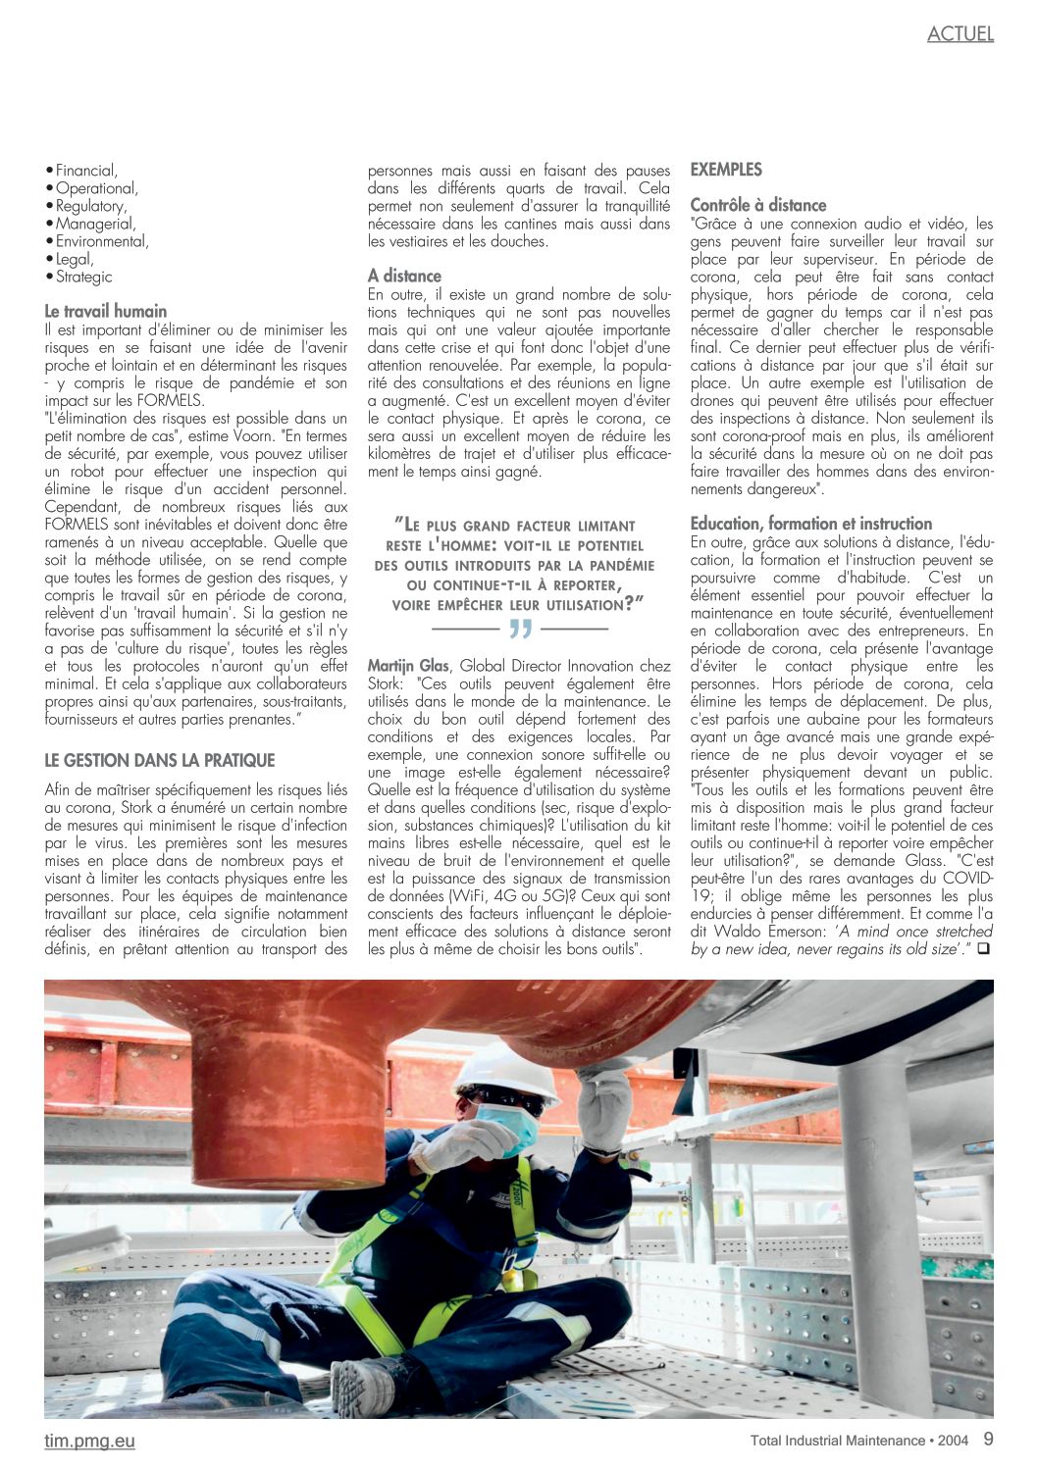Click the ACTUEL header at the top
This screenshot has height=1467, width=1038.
tap(960, 34)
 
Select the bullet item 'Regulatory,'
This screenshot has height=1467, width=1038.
tap(91, 206)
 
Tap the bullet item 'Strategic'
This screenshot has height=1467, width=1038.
tap(83, 277)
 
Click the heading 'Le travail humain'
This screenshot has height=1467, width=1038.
tap(106, 311)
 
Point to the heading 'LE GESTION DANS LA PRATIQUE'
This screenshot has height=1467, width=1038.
tap(160, 760)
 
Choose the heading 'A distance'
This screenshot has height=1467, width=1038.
tap(404, 276)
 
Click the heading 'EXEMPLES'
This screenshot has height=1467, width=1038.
tap(726, 170)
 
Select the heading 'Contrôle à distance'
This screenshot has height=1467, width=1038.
tap(758, 205)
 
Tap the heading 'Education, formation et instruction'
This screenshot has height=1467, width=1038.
tap(811, 524)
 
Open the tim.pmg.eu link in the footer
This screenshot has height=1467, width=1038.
tap(89, 1441)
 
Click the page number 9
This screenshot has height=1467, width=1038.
tap(988, 1440)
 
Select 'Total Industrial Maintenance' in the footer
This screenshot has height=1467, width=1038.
tap(837, 1441)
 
